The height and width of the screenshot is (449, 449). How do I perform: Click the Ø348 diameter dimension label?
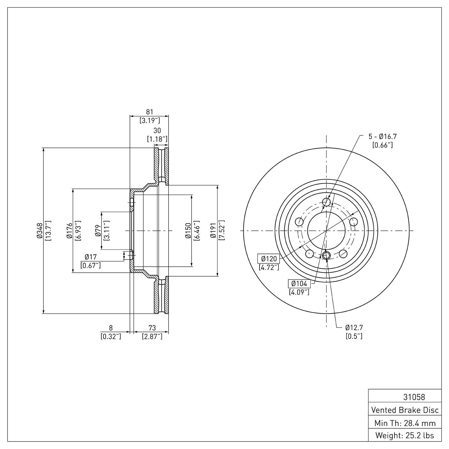39,231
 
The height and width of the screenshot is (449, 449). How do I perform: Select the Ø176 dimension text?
69,231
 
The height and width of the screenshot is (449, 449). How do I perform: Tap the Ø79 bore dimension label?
98,231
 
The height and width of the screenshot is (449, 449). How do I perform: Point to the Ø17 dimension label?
90,257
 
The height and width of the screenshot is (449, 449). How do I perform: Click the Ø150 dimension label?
188,231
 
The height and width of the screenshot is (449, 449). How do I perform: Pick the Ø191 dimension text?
213,231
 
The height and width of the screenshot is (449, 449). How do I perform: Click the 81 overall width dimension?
149,112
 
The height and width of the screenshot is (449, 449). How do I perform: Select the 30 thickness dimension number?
157,131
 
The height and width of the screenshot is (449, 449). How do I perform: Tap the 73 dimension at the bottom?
152,328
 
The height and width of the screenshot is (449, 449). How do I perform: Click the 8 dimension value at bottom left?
111,328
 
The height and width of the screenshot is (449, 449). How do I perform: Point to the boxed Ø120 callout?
269,259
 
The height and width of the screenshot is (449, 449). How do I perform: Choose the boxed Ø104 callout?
299,283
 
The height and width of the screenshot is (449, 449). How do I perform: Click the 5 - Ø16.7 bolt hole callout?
382,136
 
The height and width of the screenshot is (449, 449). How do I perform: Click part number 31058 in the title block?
414,397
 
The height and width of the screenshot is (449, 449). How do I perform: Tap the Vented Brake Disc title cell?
405,410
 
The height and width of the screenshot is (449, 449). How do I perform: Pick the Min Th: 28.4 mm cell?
405,423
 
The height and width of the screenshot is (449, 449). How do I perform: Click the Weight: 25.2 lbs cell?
405,435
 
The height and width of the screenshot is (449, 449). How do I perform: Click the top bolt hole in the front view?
327,202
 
